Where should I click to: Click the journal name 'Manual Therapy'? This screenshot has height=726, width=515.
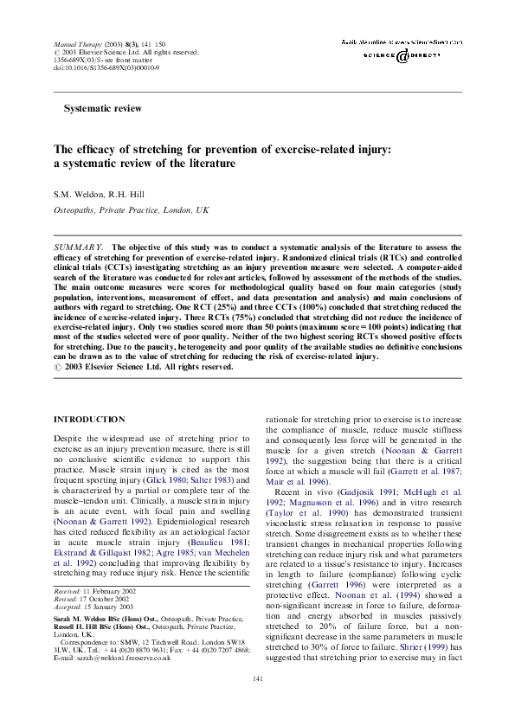74,42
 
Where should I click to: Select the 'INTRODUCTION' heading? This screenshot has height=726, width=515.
89,419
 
